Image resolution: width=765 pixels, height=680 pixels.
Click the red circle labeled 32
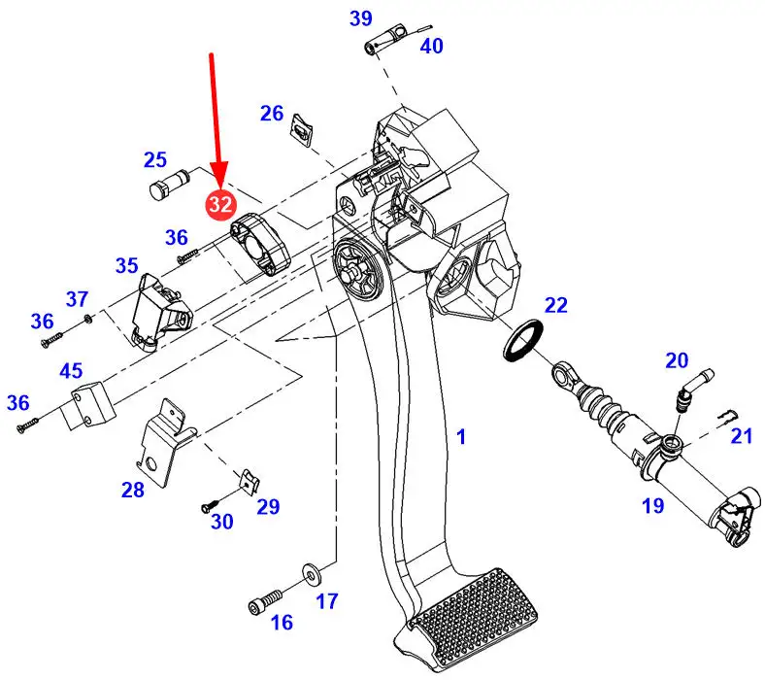click(220, 203)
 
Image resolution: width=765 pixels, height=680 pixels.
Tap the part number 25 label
click(155, 160)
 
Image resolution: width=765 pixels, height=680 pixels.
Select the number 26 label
click(271, 114)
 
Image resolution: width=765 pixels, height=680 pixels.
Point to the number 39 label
click(360, 18)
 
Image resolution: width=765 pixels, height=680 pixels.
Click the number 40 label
click(430, 46)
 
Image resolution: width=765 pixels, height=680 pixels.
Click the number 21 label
click(741, 436)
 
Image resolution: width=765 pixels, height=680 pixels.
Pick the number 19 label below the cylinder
click(651, 505)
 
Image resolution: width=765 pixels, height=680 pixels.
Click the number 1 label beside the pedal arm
click(461, 438)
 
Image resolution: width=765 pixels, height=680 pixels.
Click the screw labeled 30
click(210, 505)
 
